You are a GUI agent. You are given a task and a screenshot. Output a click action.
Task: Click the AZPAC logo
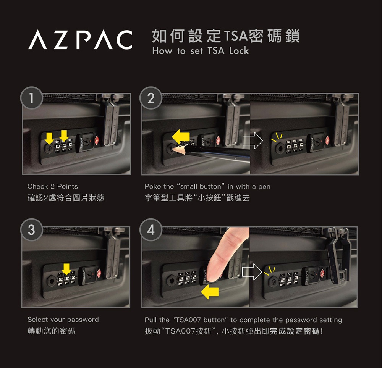click(x=80, y=40)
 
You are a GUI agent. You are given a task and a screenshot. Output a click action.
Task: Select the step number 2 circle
click(x=151, y=98)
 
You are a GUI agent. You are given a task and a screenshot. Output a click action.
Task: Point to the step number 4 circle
click(x=151, y=230)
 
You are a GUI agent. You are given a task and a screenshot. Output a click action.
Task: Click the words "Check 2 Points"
click(x=52, y=186)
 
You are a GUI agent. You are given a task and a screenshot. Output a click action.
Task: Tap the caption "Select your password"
click(x=63, y=320)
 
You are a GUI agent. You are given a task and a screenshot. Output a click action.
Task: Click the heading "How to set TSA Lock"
click(x=200, y=51)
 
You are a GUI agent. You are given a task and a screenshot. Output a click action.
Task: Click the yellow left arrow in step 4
click(x=210, y=292)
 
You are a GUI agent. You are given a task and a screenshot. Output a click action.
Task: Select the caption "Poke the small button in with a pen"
click(x=207, y=186)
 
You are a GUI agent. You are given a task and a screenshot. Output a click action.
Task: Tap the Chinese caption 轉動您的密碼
click(x=51, y=331)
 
